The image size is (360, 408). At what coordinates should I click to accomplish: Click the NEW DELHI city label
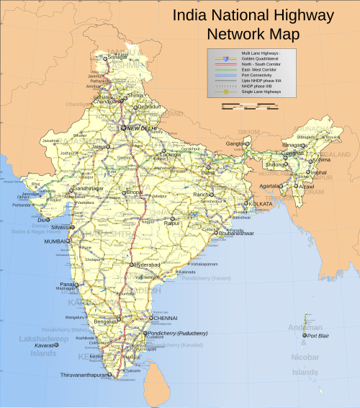click(142, 128)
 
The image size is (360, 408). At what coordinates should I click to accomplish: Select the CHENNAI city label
click(163, 317)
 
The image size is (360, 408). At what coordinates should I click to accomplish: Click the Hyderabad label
click(148, 265)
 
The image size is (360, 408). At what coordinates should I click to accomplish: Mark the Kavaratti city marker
click(60, 345)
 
